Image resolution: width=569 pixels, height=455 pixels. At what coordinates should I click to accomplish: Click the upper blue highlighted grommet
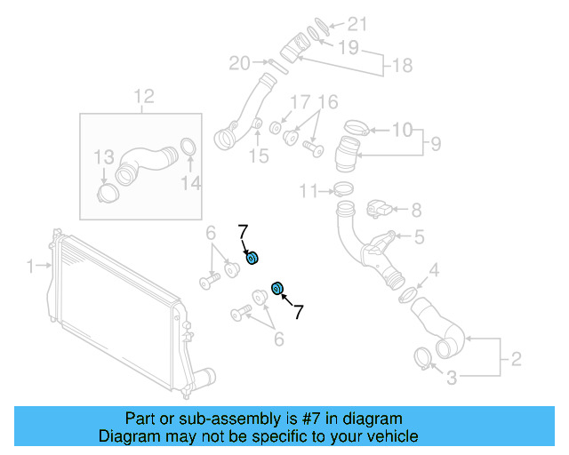(252, 258)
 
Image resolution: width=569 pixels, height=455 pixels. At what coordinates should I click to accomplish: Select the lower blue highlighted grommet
(276, 287)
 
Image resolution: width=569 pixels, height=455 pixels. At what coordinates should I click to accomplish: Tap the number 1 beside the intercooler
(30, 265)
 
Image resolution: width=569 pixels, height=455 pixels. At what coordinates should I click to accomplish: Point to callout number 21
(357, 24)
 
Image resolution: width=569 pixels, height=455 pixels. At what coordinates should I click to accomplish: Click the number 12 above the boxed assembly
(143, 96)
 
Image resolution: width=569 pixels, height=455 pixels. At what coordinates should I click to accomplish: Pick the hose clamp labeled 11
(343, 188)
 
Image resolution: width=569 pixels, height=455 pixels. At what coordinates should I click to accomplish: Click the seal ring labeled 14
(188, 148)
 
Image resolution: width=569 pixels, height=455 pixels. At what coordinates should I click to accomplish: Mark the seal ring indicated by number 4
(407, 293)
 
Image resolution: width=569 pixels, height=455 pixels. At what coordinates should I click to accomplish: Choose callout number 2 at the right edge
(515, 360)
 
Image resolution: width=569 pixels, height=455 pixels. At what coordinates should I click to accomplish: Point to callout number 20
(240, 63)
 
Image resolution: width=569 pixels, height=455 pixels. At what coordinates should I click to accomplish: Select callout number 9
(436, 142)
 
